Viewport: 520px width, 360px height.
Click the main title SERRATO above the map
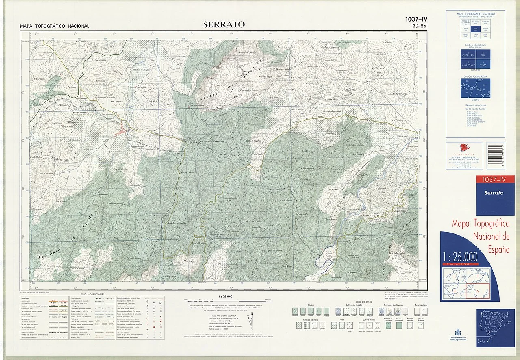tap(224, 24)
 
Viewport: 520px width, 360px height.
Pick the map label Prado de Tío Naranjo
tap(317, 67)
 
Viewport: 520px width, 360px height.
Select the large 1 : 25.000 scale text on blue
tap(460, 257)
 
